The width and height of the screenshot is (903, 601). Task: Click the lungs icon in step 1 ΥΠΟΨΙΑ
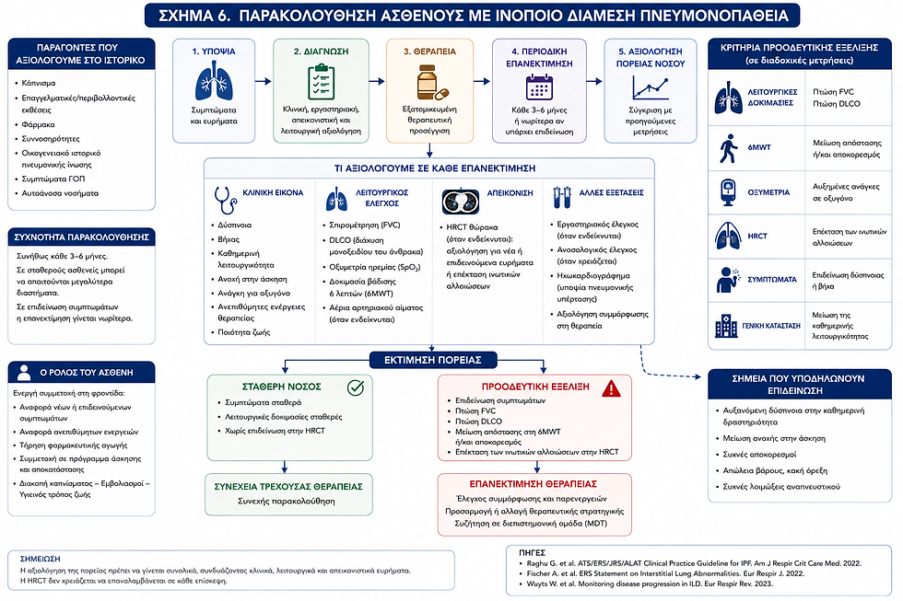[214, 81]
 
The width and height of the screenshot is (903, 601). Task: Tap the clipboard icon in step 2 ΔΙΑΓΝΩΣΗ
[321, 82]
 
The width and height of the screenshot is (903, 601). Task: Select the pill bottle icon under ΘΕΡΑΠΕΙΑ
[432, 82]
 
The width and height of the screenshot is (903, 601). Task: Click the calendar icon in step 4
[539, 87]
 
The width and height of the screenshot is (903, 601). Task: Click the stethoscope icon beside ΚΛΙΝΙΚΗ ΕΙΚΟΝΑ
[225, 200]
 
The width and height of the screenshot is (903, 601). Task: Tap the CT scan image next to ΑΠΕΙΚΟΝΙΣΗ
[460, 202]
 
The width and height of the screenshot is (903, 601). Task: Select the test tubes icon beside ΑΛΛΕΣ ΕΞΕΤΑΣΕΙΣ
[561, 197]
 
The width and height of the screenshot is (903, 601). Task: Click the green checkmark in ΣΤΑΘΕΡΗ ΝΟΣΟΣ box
[356, 387]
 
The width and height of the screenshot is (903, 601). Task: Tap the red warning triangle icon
[611, 388]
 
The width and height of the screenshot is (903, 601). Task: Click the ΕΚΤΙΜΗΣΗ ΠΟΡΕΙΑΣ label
[432, 360]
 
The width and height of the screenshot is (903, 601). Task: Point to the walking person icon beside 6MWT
[729, 148]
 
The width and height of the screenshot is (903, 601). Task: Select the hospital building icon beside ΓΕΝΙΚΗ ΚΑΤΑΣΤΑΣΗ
[726, 326]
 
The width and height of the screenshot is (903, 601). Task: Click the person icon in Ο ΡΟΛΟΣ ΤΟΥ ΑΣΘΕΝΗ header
[24, 373]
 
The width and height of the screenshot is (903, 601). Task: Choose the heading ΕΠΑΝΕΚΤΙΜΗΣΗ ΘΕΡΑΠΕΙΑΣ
[534, 484]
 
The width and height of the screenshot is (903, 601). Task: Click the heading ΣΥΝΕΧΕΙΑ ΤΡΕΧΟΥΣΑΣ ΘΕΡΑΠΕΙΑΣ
[288, 487]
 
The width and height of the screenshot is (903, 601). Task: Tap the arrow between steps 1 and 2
[264, 82]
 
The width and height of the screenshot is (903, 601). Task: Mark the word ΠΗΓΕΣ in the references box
[532, 553]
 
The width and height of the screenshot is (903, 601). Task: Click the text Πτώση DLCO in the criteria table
[837, 104]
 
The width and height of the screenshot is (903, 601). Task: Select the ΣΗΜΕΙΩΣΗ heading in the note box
[40, 559]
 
